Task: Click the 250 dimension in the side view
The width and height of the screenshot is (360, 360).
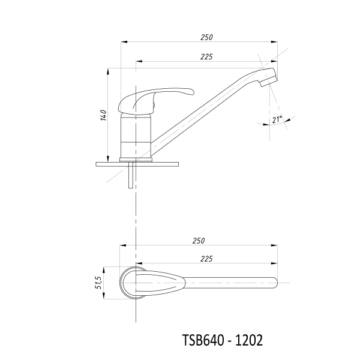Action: (206, 37)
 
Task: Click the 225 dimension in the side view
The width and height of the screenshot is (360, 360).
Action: (206, 57)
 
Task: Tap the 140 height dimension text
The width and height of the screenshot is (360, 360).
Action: (104, 115)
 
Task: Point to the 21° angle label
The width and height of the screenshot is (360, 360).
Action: (277, 119)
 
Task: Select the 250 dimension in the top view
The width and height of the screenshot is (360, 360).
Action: (199, 241)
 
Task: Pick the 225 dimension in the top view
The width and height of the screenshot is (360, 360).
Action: (206, 259)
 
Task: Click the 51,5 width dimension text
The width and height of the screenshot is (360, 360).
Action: (98, 283)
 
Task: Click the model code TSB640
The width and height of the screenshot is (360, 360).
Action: (203, 340)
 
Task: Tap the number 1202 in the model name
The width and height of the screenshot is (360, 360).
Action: (249, 340)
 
